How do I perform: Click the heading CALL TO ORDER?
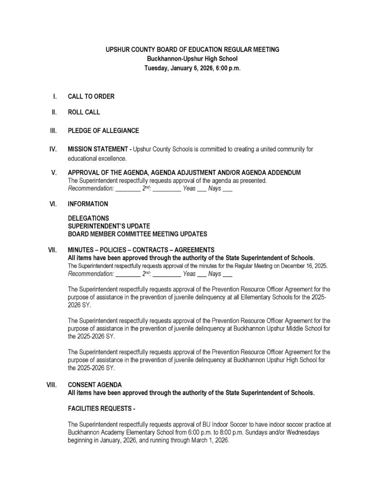point(91,96)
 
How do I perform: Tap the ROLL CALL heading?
point(84,112)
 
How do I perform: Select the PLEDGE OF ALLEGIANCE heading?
point(103,131)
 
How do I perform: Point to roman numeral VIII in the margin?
point(52,384)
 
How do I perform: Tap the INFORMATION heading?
point(88,204)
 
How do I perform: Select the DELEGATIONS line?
point(88,218)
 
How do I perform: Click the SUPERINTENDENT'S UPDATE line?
point(109,226)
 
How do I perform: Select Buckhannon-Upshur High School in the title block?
point(192,59)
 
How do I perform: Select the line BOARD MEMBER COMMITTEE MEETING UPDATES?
point(137,233)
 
